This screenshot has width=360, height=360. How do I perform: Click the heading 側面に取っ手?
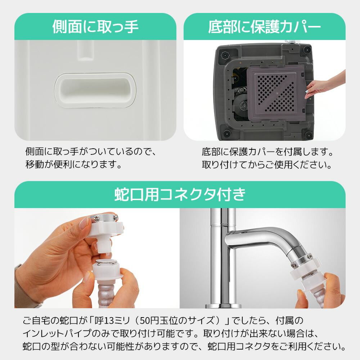(95, 27)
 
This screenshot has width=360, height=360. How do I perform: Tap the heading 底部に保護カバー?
(265, 27)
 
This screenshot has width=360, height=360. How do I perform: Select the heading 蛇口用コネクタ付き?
(180, 194)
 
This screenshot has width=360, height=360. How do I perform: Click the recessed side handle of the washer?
(95, 90)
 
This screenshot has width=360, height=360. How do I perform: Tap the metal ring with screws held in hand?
(104, 218)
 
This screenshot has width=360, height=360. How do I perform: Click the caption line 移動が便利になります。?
(73, 165)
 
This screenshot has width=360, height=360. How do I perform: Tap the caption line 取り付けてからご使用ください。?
(266, 165)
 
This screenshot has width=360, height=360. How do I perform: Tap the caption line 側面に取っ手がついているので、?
(91, 152)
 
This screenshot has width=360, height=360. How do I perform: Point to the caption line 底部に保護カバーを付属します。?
(267, 152)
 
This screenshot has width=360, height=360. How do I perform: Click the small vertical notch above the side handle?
(85, 50)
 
